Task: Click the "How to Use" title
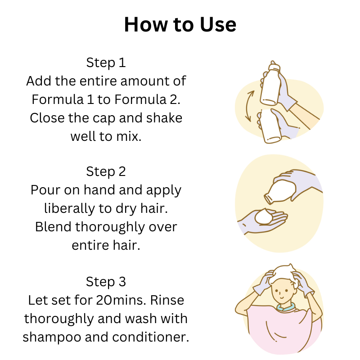(180, 24)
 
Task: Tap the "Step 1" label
(106, 63)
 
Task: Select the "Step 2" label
(106, 171)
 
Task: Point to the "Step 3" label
(106, 282)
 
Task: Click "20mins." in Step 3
(121, 300)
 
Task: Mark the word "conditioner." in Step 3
(151, 337)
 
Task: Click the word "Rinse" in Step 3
(167, 300)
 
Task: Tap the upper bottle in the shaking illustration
(271, 85)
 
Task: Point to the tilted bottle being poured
(280, 191)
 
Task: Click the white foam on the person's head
(284, 274)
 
